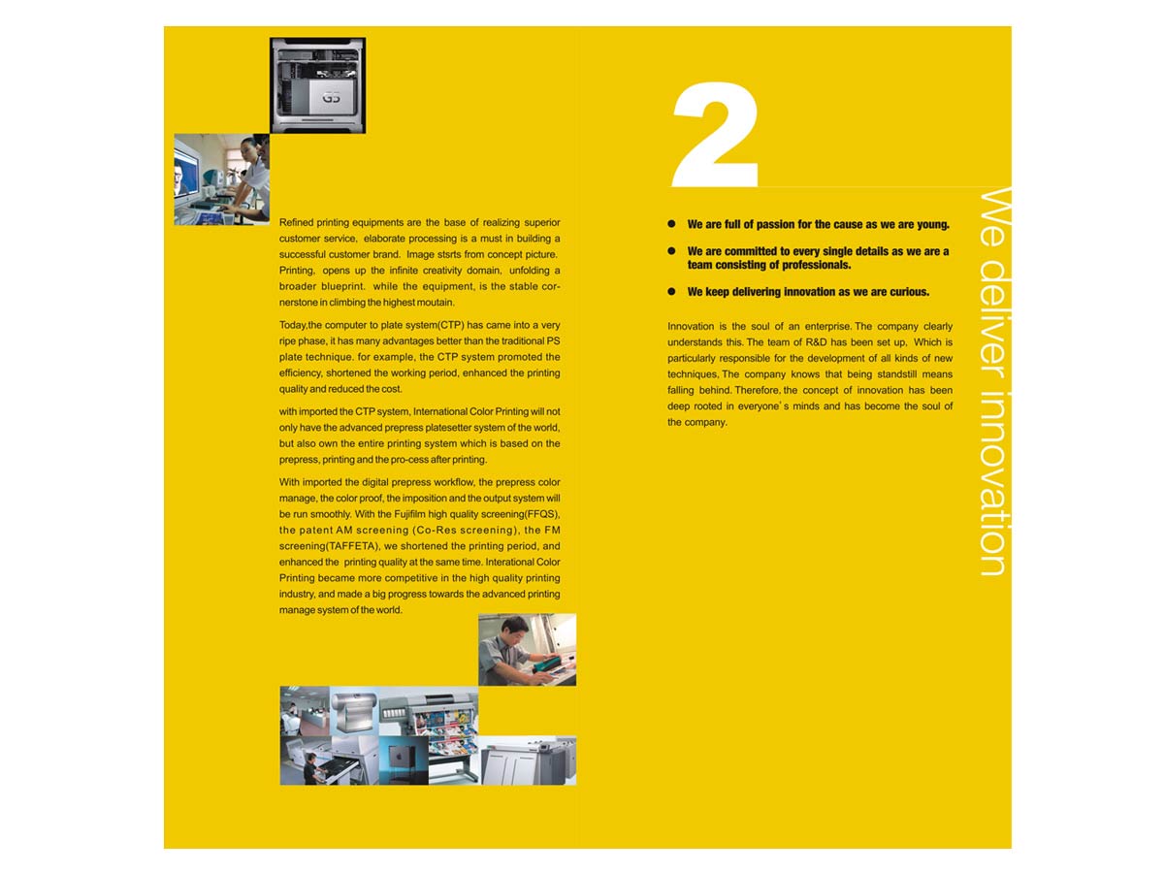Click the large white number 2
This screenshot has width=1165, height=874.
[715, 134]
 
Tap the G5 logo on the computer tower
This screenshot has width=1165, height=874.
[331, 98]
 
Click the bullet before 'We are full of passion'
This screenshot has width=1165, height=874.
[671, 224]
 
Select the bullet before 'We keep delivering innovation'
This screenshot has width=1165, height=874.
[671, 291]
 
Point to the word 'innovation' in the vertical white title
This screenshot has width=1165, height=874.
[991, 483]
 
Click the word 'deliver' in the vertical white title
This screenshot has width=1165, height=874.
[991, 318]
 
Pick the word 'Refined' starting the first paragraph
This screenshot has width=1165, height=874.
[295, 222]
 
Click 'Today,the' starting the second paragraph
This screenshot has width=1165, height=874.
[300, 325]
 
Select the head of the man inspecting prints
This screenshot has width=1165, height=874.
[515, 631]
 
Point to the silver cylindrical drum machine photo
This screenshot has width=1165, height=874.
[354, 711]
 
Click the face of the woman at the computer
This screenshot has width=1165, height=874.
[248, 151]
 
